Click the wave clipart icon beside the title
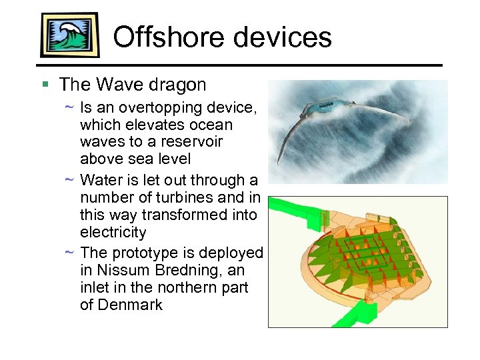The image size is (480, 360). coord(69,35)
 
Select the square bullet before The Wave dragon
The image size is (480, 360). coord(45,85)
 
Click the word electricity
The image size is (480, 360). coord(113,233)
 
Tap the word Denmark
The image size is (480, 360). coord(130,305)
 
